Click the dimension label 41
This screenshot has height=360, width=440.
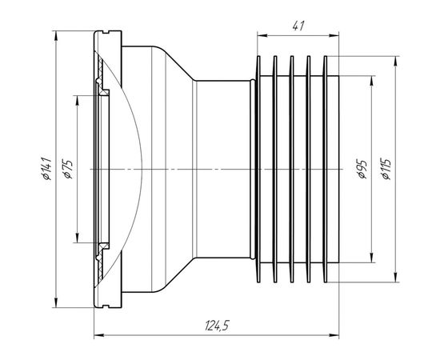298,26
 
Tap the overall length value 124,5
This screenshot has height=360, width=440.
217,326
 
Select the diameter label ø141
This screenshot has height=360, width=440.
46,169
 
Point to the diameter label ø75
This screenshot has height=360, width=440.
69,169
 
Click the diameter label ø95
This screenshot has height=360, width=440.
362,169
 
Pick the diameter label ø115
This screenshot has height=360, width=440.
386,169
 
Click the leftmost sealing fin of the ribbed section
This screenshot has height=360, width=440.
258,169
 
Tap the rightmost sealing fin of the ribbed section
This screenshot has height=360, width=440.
326,169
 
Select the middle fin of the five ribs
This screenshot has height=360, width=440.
292,169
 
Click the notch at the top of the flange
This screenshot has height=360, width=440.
106,32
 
